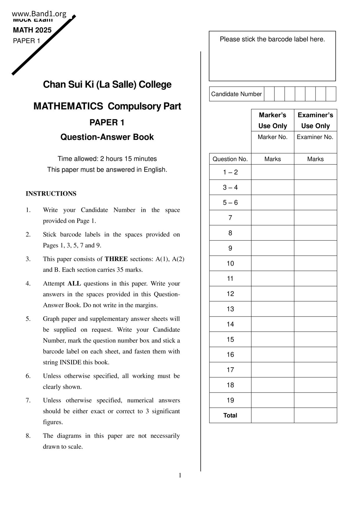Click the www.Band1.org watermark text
(x=39, y=14)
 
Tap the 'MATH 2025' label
(x=32, y=30)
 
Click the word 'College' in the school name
(x=155, y=84)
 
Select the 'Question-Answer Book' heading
(x=107, y=137)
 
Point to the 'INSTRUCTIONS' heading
(x=51, y=194)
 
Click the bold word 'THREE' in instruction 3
(x=116, y=259)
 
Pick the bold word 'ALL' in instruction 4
(x=74, y=284)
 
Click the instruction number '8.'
(x=28, y=436)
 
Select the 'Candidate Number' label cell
(x=236, y=94)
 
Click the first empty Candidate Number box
(x=269, y=94)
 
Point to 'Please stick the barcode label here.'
(x=272, y=39)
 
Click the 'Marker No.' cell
(x=273, y=137)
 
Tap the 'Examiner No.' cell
(x=315, y=137)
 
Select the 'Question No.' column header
(x=230, y=159)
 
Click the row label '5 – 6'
(x=230, y=203)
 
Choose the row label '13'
(x=230, y=309)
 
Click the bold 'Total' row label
(x=230, y=415)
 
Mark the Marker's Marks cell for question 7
(x=273, y=218)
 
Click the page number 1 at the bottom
(x=180, y=475)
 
